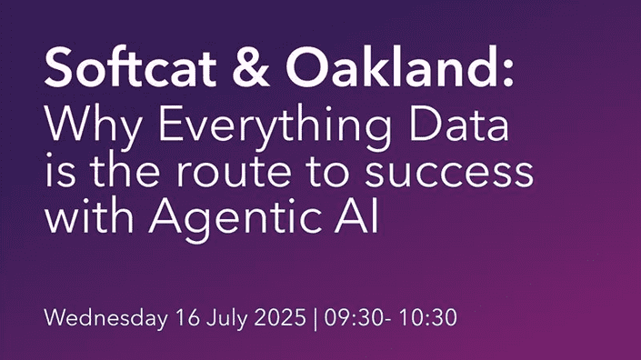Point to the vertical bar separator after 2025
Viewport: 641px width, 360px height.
tap(314, 319)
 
